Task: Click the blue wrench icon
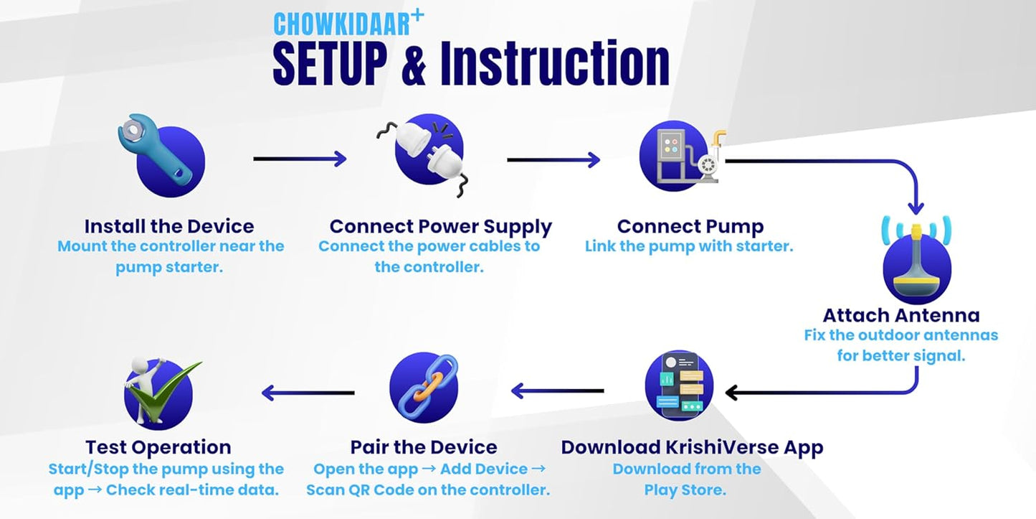pos(161,156)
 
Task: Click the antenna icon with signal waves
pos(916,261)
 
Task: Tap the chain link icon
pos(424,388)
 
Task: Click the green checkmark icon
pos(159,391)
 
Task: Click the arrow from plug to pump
pos(553,159)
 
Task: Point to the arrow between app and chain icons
pos(557,391)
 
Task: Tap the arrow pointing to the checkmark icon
pos(308,392)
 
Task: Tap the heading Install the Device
pos(169,226)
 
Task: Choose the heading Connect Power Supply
pos(440,226)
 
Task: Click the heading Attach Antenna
pos(901,315)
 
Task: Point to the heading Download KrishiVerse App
pos(692,447)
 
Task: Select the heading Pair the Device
pos(424,447)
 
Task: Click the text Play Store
pos(685,490)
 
